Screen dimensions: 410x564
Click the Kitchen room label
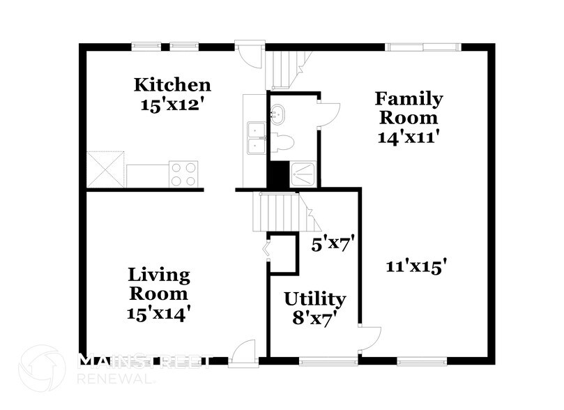[x=172, y=85]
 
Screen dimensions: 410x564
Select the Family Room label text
[x=408, y=107]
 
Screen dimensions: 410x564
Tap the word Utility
[x=314, y=299]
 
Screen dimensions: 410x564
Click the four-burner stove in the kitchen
[x=183, y=174]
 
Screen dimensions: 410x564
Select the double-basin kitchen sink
[x=256, y=137]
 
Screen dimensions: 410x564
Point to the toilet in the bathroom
[x=282, y=144]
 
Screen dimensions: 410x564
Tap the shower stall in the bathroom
[x=303, y=174]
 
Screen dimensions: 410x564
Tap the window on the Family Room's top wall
[x=423, y=47]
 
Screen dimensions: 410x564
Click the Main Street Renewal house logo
[x=41, y=367]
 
